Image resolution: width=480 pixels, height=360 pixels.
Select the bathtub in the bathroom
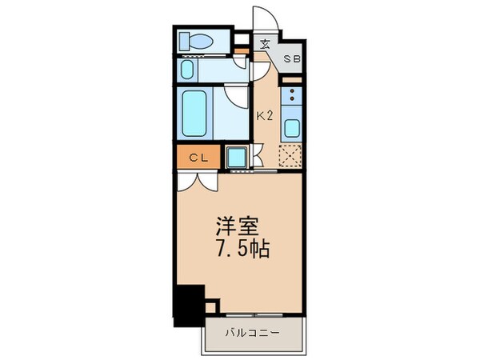pyautogui.click(x=194, y=113)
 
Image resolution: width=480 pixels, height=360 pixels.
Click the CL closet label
pyautogui.click(x=198, y=158)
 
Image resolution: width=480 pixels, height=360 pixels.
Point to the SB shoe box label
pyautogui.click(x=294, y=60)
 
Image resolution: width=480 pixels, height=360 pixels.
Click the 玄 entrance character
pyautogui.click(x=264, y=44)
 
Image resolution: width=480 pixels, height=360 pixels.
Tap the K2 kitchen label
pyautogui.click(x=265, y=115)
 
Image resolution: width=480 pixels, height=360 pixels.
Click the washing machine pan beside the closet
pyautogui.click(x=237, y=156)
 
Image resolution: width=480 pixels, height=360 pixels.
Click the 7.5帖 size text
pyautogui.click(x=239, y=248)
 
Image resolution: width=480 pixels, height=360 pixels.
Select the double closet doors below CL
pyautogui.click(x=197, y=179)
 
